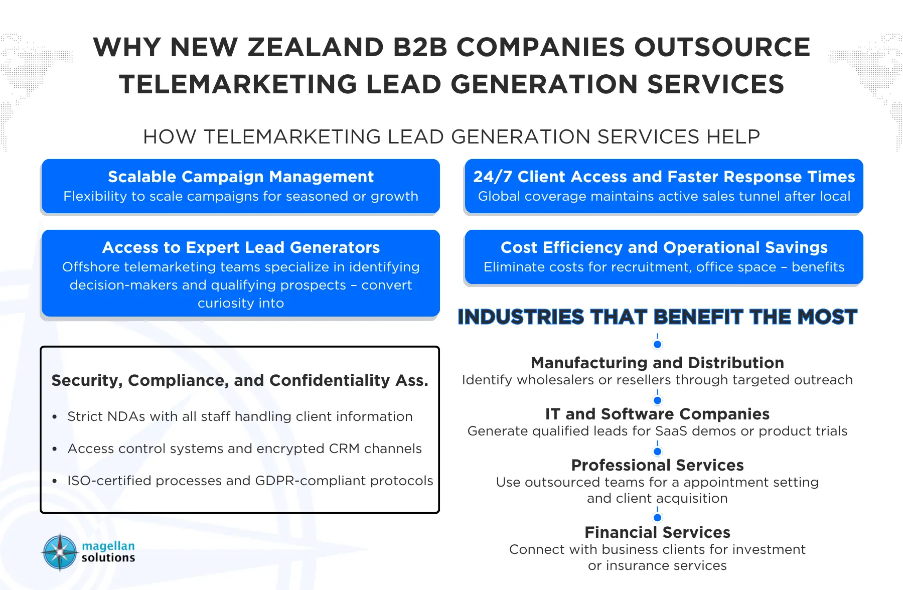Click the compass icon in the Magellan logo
60,552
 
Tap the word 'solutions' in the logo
108,558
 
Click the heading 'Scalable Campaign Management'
241,177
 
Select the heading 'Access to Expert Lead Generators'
241,247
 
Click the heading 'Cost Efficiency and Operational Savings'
664,247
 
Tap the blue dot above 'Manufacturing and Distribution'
658,345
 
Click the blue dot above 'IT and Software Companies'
658,400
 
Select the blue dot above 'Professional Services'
658,452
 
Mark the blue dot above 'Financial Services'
658,518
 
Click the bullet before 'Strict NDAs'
55,417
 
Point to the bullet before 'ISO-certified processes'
55,482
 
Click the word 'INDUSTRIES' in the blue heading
521,317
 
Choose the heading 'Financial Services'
658,532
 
